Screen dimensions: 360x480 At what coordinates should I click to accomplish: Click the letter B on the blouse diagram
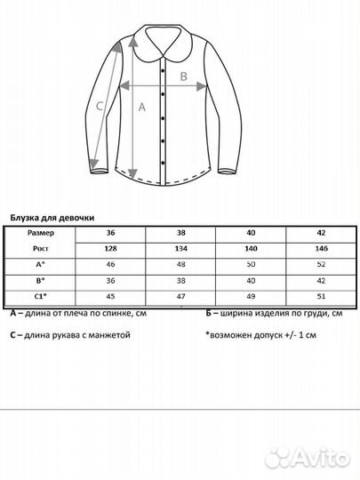(x=183, y=76)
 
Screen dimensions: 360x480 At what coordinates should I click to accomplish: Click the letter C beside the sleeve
(x=100, y=107)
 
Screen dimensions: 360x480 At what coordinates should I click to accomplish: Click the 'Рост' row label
(x=40, y=249)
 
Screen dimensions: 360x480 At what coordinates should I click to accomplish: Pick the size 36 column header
(x=110, y=234)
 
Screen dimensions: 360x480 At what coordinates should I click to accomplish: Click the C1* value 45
(x=110, y=296)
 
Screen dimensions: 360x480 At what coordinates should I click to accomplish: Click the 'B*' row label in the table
(x=40, y=280)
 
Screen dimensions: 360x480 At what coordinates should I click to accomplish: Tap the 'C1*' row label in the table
(x=40, y=296)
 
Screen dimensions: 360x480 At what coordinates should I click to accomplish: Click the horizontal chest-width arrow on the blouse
(x=164, y=87)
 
